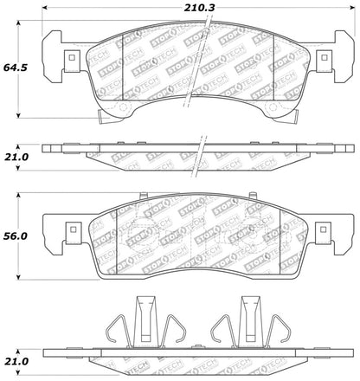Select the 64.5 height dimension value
(x=15, y=68)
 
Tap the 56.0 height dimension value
(x=15, y=236)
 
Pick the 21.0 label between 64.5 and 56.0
(x=16, y=157)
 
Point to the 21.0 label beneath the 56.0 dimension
(x=16, y=361)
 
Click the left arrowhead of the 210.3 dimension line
(x=44, y=8)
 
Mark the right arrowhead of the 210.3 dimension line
(x=352, y=8)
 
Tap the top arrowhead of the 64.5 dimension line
(x=18, y=23)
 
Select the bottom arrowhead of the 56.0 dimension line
(x=18, y=277)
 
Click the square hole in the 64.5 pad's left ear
(x=72, y=57)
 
